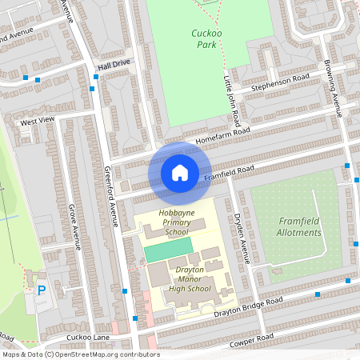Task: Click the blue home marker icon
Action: (x=180, y=173)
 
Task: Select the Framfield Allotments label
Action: (x=300, y=227)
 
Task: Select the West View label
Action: (x=38, y=121)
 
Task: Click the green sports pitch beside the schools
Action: (x=168, y=249)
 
